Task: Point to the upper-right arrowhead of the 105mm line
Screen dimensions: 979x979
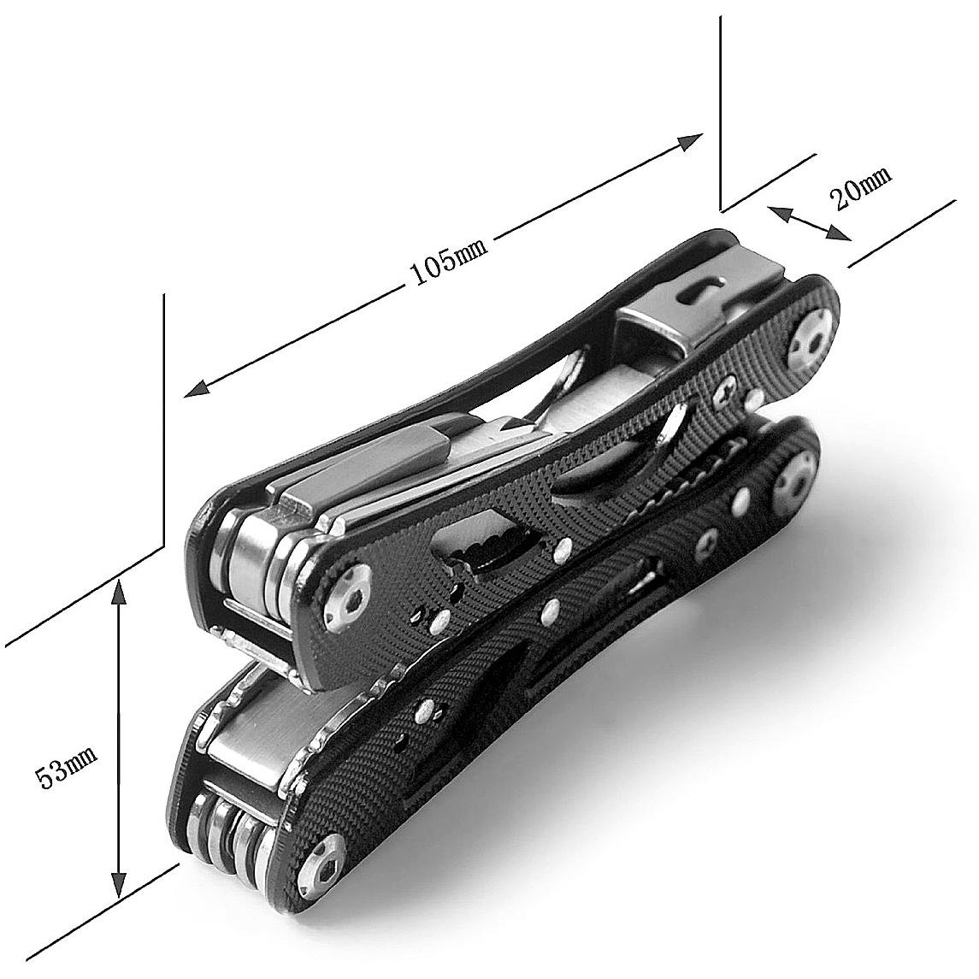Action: tap(691, 142)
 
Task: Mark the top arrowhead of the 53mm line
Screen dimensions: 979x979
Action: tap(119, 590)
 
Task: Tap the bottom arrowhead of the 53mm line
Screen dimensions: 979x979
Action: tap(118, 882)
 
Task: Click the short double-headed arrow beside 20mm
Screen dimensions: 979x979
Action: tap(809, 223)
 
